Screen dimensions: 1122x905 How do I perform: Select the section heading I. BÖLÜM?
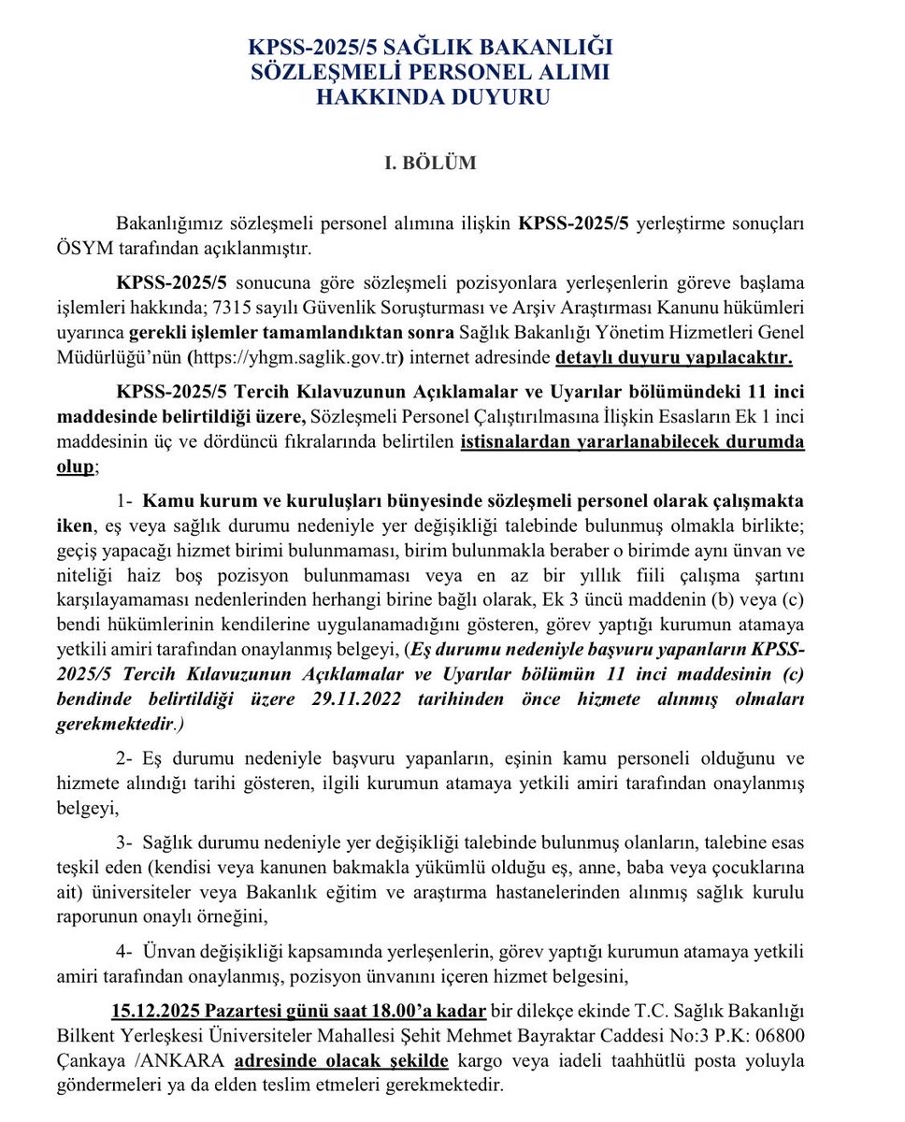click(431, 163)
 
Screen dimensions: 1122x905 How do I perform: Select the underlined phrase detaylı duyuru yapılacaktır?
click(674, 358)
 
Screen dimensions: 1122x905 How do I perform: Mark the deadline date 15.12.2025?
click(155, 1012)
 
